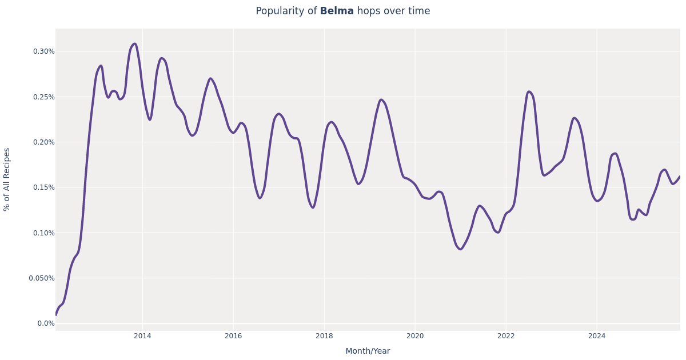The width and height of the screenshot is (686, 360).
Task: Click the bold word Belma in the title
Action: [337, 11]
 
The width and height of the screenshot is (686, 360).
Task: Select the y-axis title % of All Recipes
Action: [7, 179]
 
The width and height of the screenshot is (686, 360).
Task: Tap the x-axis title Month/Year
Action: [368, 351]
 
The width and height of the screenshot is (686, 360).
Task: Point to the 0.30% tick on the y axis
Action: [43, 51]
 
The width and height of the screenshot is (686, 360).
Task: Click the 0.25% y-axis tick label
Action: [43, 97]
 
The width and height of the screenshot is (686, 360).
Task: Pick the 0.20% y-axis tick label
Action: [43, 142]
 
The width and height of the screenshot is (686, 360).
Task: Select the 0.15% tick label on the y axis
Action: [43, 187]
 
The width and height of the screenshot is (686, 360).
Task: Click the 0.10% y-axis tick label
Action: [43, 233]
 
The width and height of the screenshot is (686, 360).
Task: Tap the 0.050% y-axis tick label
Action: [42, 278]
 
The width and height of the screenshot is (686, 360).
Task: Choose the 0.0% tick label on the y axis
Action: [46, 323]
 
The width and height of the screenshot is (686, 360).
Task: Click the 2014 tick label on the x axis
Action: [142, 336]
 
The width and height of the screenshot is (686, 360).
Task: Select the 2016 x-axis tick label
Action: [233, 336]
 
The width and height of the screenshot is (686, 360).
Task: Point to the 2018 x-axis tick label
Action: [324, 336]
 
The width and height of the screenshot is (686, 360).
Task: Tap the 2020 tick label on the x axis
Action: [415, 336]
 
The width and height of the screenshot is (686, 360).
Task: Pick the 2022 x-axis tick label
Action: [506, 336]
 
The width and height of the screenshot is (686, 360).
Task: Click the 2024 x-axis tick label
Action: [597, 336]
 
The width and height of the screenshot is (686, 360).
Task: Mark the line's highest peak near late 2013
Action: [134, 43]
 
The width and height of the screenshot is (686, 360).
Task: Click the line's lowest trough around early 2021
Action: [460, 249]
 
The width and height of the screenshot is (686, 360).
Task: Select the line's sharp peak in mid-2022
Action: [529, 91]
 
